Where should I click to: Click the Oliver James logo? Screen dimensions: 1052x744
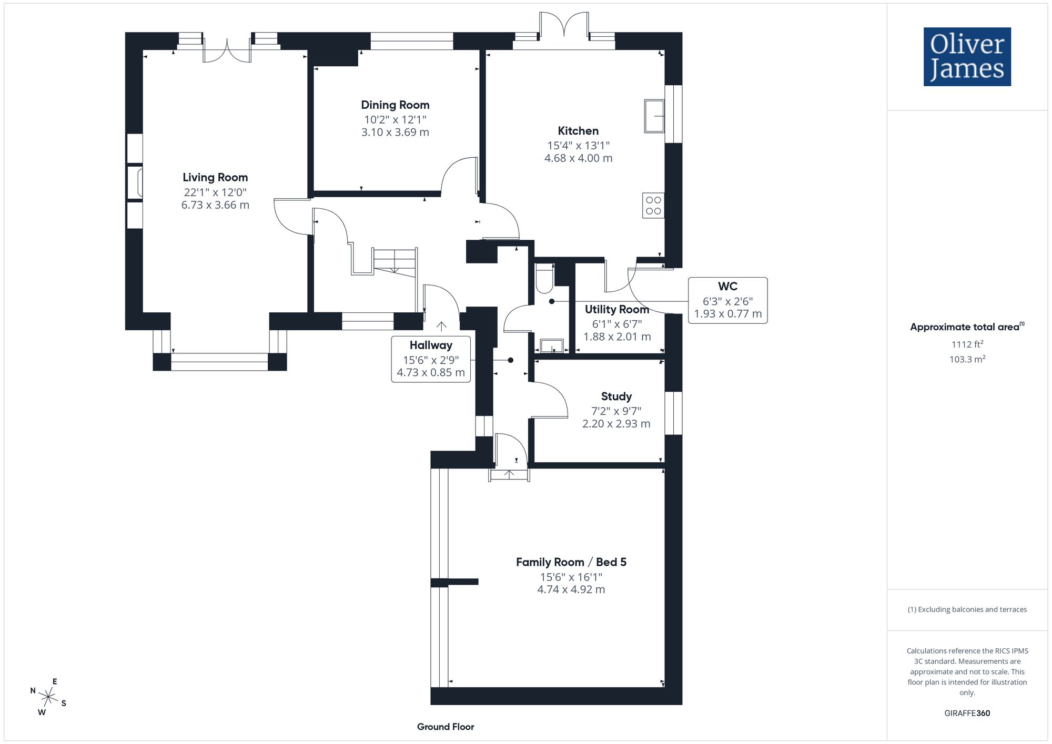(967, 57)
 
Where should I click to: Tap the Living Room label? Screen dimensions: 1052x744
(215, 178)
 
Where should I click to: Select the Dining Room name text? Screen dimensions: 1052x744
(395, 105)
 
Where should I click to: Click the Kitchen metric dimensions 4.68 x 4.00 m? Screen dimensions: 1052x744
(578, 158)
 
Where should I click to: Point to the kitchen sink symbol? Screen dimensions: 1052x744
(654, 116)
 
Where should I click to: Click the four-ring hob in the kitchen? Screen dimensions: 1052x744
(653, 206)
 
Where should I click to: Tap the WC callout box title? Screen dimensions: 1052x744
(727, 287)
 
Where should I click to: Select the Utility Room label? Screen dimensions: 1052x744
(617, 310)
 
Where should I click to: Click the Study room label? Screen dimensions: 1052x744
(616, 396)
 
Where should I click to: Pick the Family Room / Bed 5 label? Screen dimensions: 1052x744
(571, 562)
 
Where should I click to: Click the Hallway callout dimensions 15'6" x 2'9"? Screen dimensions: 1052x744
(431, 360)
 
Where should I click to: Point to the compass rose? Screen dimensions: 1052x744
(48, 697)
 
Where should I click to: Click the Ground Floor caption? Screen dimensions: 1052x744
(446, 727)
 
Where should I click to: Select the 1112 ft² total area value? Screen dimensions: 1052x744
(967, 344)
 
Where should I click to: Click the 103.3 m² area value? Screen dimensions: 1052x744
(967, 359)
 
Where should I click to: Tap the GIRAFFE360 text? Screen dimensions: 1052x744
(967, 714)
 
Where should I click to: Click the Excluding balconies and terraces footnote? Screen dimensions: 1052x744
(967, 609)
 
